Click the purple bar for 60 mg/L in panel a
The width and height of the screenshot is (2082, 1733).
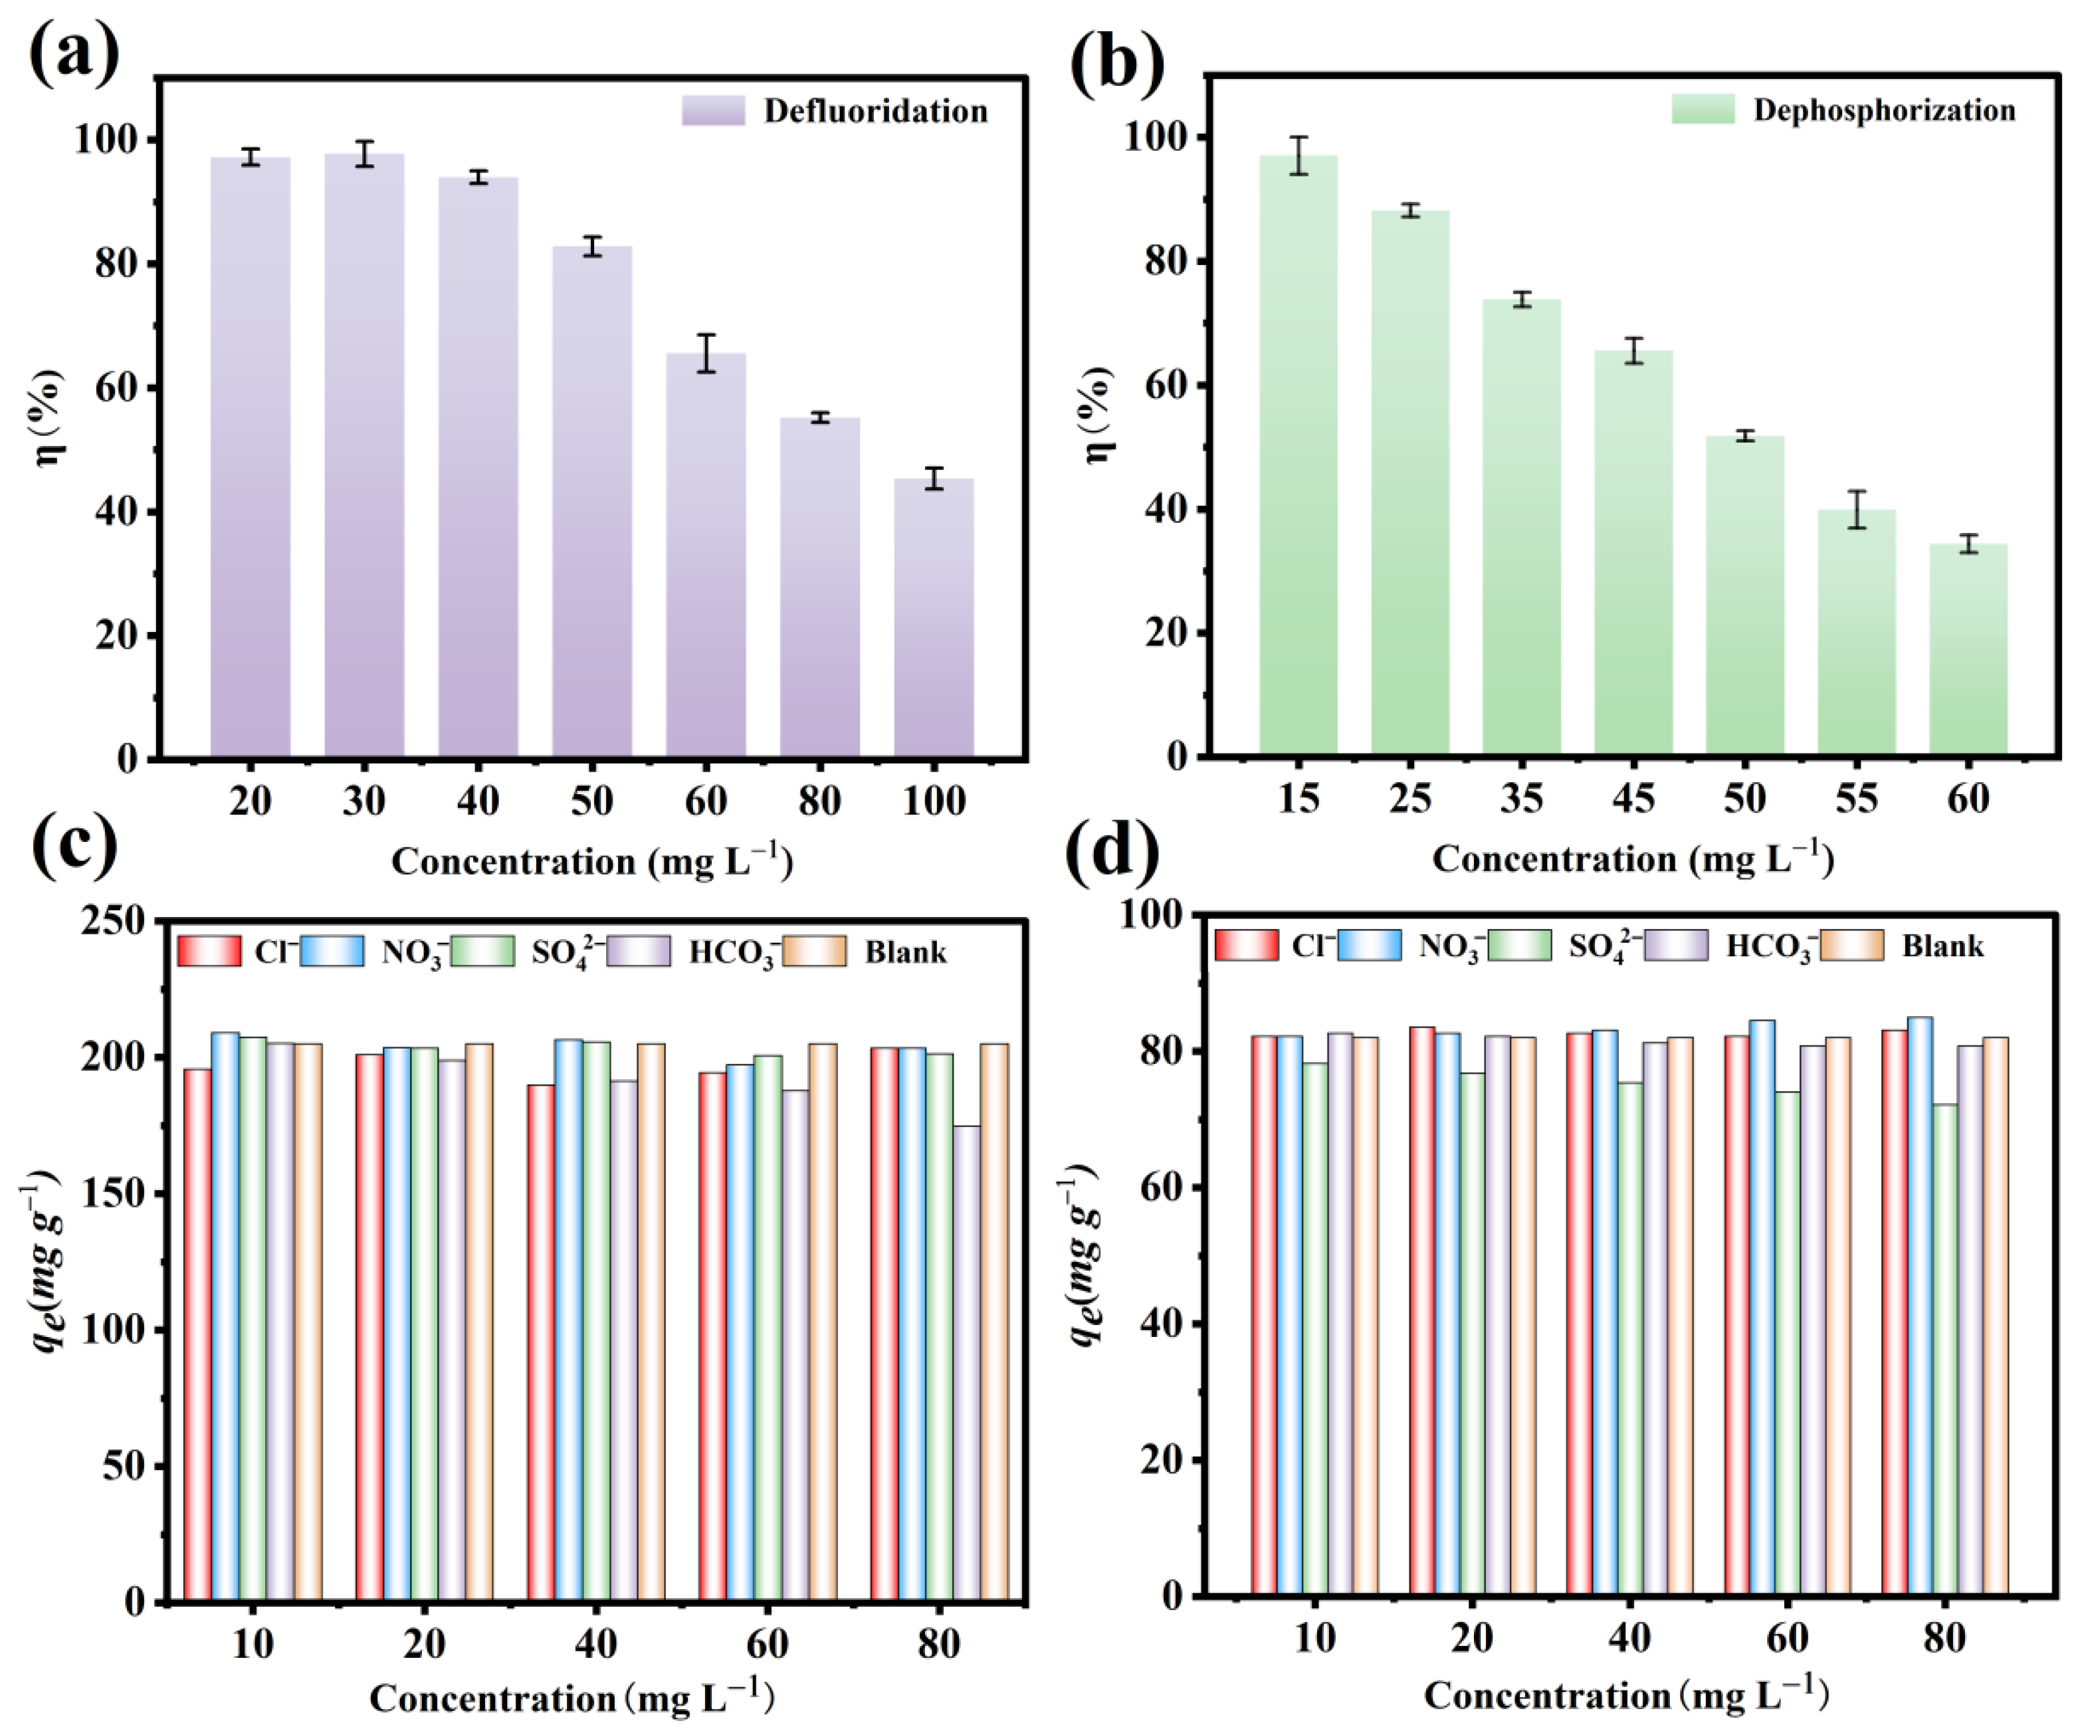pos(705,556)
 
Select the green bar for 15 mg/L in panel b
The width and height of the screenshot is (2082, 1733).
pos(1298,456)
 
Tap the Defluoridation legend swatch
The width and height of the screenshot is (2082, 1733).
pos(713,110)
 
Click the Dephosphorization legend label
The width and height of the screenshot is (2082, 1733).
pos(1884,110)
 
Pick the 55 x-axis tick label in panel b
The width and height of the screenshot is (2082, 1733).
pos(1856,798)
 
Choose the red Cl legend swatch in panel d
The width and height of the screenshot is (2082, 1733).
pos(1246,945)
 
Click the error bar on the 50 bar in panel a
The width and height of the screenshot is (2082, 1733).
pos(592,246)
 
